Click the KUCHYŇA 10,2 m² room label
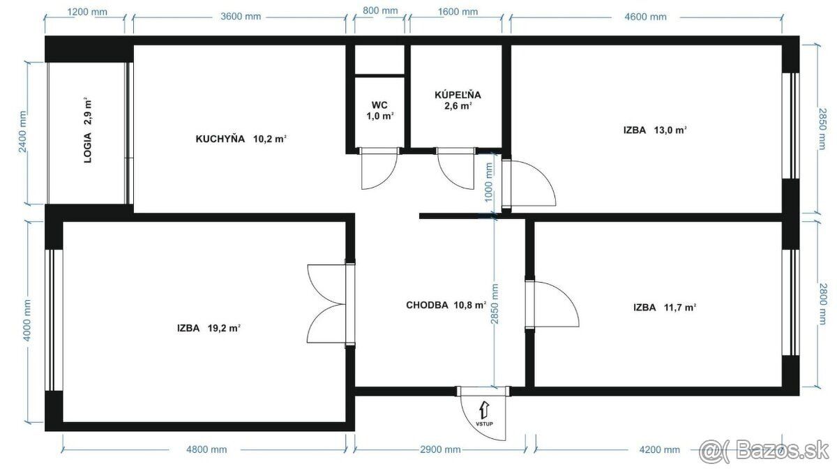[241, 139]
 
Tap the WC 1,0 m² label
[380, 111]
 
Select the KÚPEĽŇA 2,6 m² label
[458, 100]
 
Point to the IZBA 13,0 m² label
[655, 130]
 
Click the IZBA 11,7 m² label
[665, 308]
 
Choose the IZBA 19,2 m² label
[209, 329]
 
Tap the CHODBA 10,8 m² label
[446, 306]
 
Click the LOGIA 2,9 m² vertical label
[88, 131]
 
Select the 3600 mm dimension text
[241, 17]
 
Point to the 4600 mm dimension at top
[645, 17]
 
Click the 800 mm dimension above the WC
[380, 11]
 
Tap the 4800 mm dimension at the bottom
[206, 449]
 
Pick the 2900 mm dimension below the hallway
[440, 449]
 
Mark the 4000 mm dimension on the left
[27, 321]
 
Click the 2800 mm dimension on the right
[823, 304]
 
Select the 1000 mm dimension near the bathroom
[489, 182]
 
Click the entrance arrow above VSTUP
[484, 410]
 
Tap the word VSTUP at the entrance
[484, 424]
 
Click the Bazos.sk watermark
[764, 449]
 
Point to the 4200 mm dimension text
[660, 449]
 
